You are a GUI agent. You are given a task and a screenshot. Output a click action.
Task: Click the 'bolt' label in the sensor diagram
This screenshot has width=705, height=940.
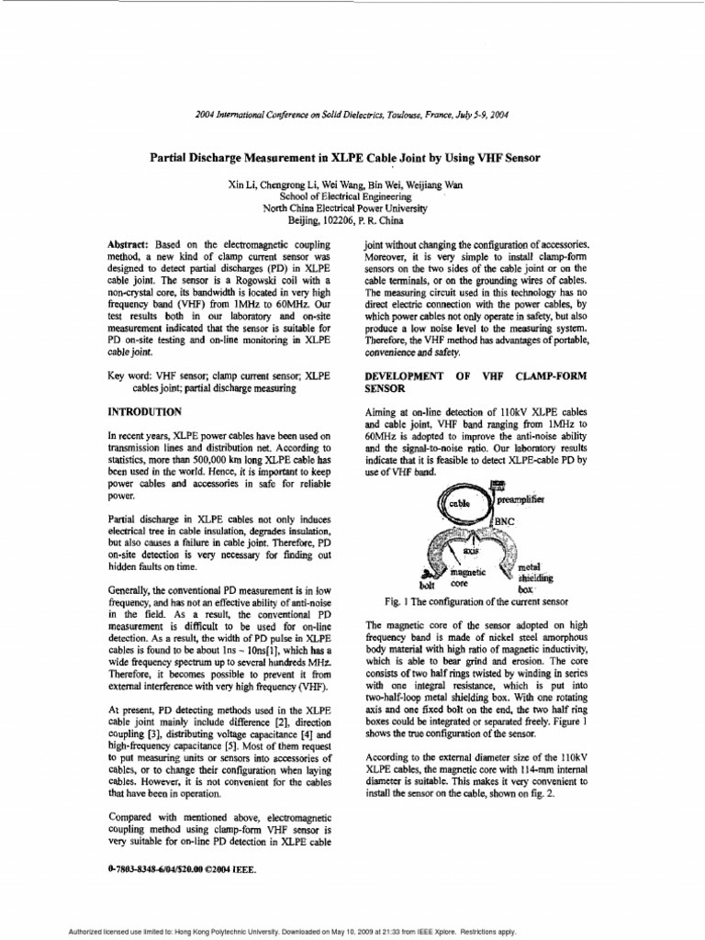point(425,584)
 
